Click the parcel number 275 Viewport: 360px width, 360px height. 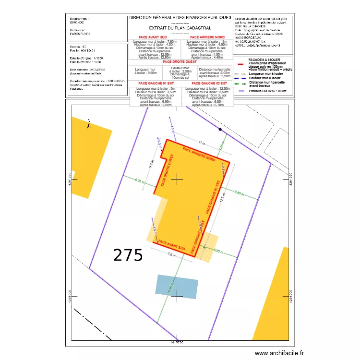[x=128, y=255]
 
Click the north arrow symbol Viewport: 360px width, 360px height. [x=89, y=124]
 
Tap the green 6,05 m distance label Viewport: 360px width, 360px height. [x=139, y=181]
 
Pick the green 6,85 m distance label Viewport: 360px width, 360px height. [x=240, y=192]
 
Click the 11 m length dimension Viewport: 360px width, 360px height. [x=201, y=143]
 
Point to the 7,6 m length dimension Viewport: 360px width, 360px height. [x=171, y=255]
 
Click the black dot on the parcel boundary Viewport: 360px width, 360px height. [x=220, y=130]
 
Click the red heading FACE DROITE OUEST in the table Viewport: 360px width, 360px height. [x=180, y=62]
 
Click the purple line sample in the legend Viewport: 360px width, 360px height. [x=240, y=91]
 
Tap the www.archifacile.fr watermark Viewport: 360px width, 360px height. [x=279, y=353]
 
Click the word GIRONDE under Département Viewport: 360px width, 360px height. [x=77, y=22]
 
